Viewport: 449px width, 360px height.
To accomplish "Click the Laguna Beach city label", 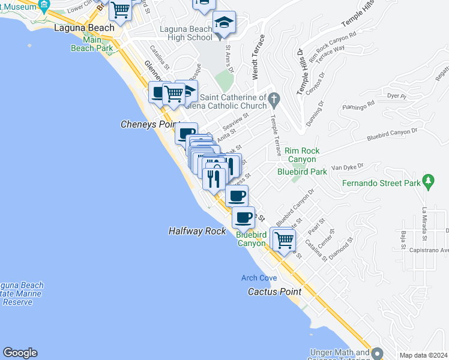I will click(x=84, y=28).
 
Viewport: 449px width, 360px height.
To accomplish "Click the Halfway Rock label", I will click(x=197, y=231).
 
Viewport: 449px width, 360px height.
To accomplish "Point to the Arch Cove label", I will click(x=259, y=278).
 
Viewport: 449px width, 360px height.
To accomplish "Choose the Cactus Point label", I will click(x=274, y=291).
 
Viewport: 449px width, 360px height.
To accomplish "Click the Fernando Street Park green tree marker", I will click(x=428, y=180).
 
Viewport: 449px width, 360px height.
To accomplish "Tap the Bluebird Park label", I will click(x=302, y=172).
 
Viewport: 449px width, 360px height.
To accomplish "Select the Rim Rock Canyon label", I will click(x=301, y=155).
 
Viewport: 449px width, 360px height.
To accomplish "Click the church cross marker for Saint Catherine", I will click(x=274, y=98).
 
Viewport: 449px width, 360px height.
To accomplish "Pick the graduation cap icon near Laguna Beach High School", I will click(x=224, y=23).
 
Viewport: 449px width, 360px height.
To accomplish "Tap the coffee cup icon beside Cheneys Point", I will click(x=187, y=133).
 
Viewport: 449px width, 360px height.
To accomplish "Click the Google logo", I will click(x=20, y=353).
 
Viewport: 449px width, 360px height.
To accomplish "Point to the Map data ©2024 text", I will click(x=423, y=355).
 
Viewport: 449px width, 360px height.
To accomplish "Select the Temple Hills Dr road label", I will click(x=301, y=73).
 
